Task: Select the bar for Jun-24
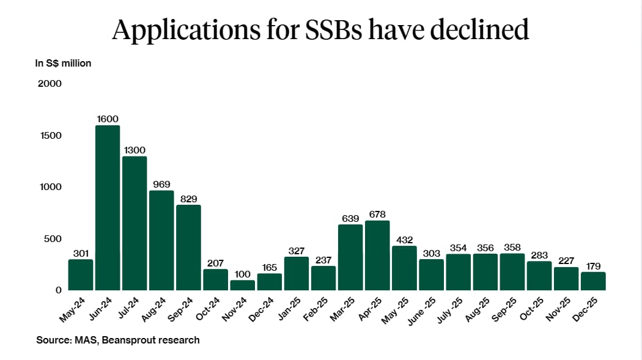click(108, 208)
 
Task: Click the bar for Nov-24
click(243, 285)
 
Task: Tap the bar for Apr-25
click(377, 255)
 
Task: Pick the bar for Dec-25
click(593, 281)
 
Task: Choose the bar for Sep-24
click(188, 248)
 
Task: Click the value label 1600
click(108, 119)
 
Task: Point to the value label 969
click(161, 184)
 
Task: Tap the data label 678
click(377, 214)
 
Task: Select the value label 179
click(593, 266)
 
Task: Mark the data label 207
click(215, 263)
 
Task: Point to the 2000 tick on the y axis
click(50, 83)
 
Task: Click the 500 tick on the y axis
click(53, 238)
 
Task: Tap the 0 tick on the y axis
click(58, 290)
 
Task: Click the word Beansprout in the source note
click(132, 340)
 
